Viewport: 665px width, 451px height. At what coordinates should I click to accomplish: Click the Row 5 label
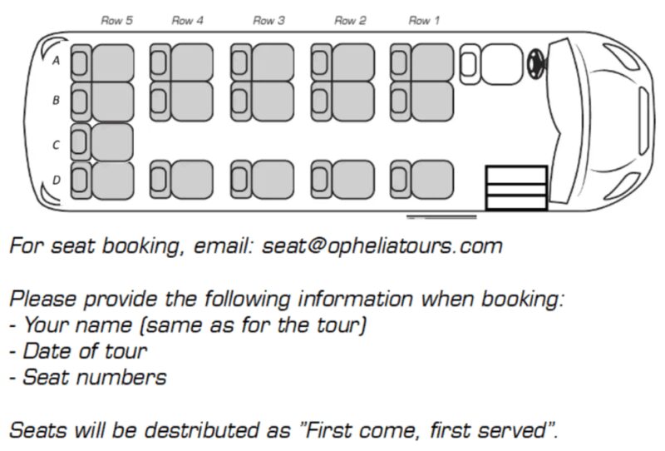point(117,21)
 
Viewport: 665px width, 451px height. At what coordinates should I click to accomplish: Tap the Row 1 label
point(424,21)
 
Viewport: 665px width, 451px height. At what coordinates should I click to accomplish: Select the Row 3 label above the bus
point(268,21)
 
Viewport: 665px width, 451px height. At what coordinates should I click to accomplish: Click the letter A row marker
point(57,62)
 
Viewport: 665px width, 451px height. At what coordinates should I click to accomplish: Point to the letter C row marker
point(57,145)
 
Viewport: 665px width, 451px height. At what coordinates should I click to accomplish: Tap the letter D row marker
point(57,180)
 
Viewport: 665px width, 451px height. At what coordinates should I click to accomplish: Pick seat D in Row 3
point(263,180)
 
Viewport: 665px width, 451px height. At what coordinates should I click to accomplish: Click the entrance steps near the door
point(516,188)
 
